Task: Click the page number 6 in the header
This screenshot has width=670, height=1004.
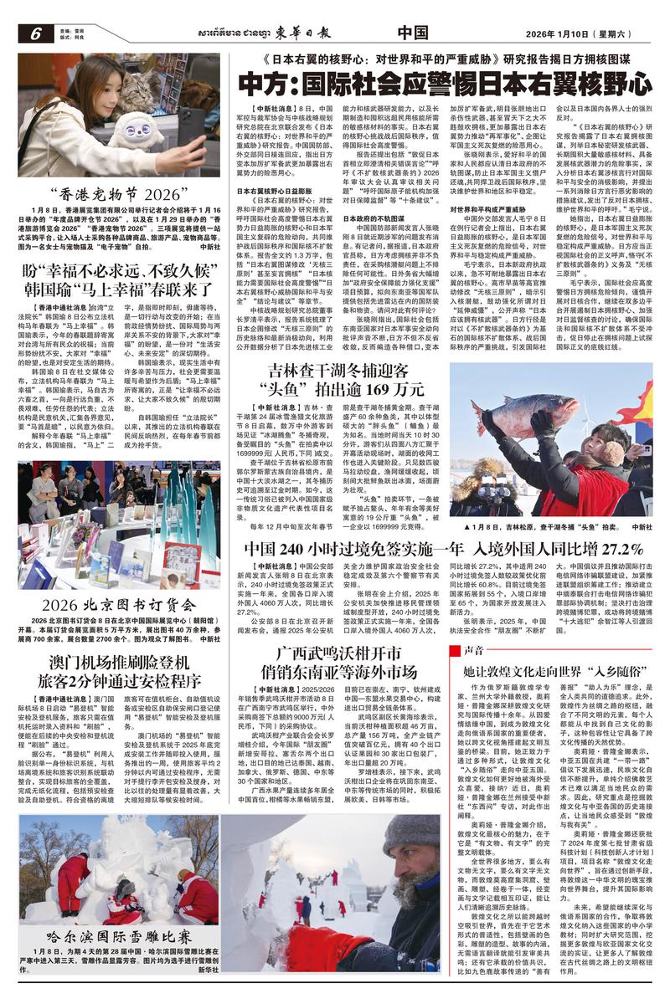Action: pos(37,33)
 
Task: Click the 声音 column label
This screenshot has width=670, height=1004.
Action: pos(473,649)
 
